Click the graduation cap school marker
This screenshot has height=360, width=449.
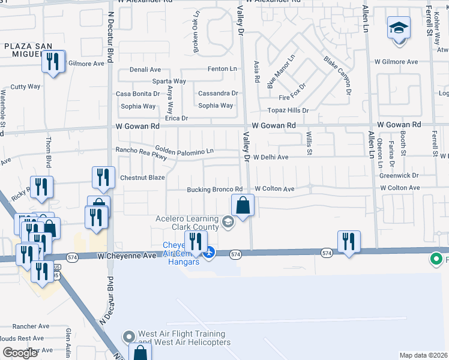tap(398, 29)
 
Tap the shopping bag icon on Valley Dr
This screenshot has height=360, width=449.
tap(242, 206)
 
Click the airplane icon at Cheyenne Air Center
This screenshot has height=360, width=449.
tap(209, 251)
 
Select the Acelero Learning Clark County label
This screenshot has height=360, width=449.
tap(189, 223)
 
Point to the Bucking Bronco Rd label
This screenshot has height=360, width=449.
tap(214, 189)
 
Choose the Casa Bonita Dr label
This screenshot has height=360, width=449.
tap(138, 94)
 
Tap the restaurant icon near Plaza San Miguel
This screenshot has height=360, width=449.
tap(53, 62)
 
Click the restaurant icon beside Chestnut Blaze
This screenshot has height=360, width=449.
tap(103, 178)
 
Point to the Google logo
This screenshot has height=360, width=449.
tap(20, 353)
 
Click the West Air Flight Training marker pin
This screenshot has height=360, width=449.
tap(127, 338)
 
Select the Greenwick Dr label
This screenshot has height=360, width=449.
tap(399, 175)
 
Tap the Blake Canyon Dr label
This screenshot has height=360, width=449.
tap(336, 74)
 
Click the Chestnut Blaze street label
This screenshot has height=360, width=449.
tap(142, 178)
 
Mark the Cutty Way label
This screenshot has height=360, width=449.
tap(25, 86)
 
